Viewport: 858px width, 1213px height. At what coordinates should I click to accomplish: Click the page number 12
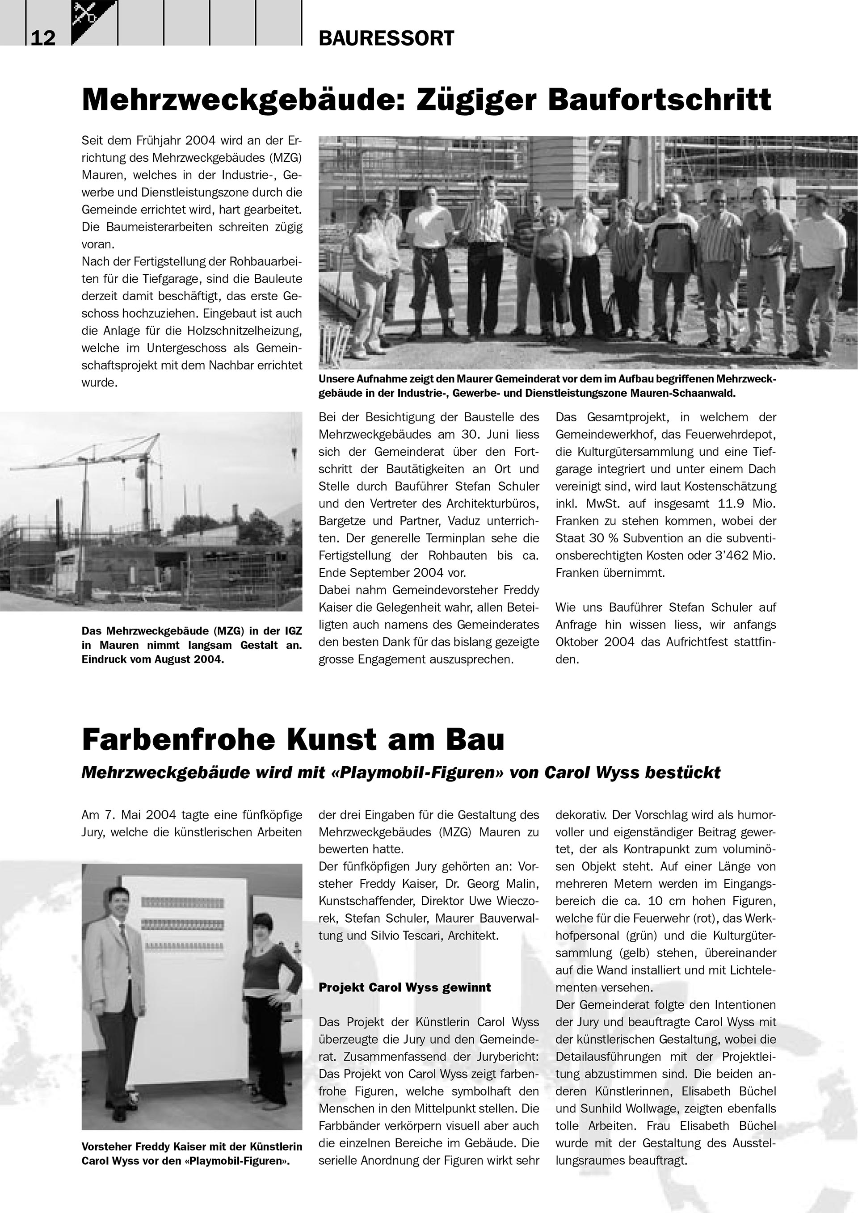43,38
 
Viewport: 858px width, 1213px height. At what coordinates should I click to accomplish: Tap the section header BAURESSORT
386,38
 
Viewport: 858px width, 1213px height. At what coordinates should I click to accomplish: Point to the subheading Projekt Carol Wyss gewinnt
405,987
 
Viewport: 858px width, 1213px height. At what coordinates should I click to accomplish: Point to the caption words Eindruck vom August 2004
153,660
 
